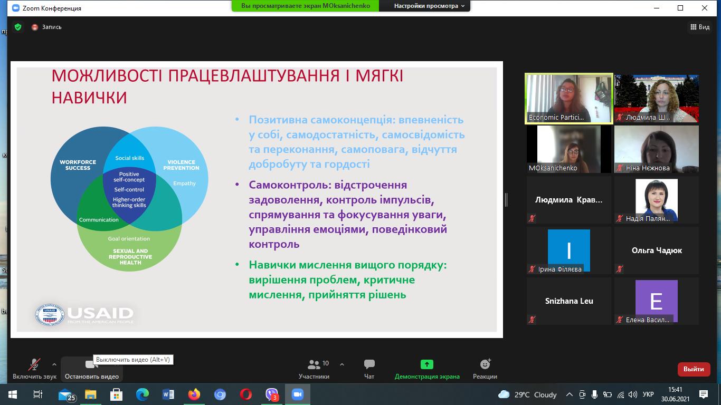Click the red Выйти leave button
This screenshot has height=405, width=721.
694,369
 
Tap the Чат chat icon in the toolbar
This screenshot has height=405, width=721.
369,364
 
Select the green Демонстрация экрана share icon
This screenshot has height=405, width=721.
426,364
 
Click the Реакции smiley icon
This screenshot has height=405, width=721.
485,364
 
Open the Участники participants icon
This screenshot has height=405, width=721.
315,364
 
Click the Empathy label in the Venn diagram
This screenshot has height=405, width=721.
184,184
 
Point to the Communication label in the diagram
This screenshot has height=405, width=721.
99,220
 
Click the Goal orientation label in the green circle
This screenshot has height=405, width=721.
129,239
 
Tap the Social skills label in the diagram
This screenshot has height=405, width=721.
129,158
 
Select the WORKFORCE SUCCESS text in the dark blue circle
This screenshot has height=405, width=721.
78,165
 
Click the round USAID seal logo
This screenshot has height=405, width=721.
49,315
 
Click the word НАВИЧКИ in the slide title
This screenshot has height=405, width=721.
89,98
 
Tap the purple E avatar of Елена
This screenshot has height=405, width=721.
656,301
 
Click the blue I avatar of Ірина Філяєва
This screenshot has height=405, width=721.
568,250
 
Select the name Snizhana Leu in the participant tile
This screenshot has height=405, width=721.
569,301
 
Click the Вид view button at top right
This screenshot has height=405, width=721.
700,27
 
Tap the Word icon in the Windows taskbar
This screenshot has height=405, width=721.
168,394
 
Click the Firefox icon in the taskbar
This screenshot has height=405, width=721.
194,394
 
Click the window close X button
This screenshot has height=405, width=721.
705,8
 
